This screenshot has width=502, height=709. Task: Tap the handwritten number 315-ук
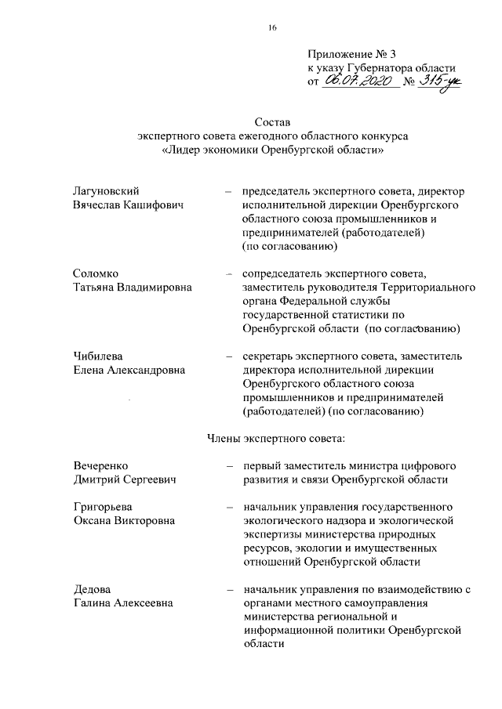pyautogui.click(x=442, y=81)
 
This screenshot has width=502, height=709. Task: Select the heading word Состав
pyautogui.click(x=272, y=122)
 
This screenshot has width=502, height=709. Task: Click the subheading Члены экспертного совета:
pyautogui.click(x=271, y=438)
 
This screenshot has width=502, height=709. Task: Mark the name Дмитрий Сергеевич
pyautogui.click(x=124, y=479)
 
